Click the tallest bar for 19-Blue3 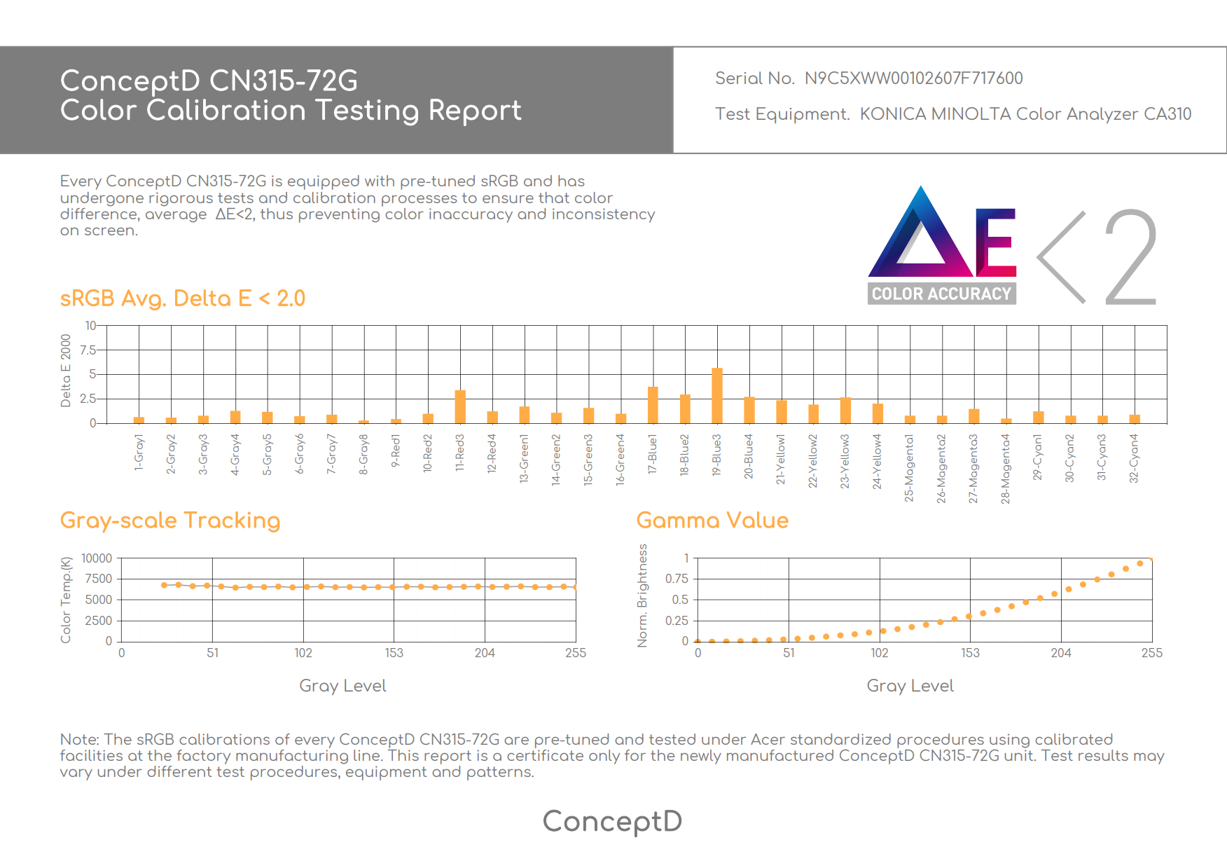[x=716, y=396]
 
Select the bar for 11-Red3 [x=460, y=406]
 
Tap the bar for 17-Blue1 [x=653, y=405]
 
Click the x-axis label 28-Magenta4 [x=1006, y=469]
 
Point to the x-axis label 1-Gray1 [x=139, y=452]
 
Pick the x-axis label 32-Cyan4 [x=1134, y=458]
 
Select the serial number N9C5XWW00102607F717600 [x=913, y=78]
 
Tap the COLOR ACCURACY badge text [x=941, y=294]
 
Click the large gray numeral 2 [x=1130, y=257]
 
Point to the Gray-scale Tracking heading [x=170, y=521]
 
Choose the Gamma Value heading [x=712, y=521]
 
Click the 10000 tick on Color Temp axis [x=97, y=558]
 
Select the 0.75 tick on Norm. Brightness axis [x=677, y=579]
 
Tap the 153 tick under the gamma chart [x=970, y=653]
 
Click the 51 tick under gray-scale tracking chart [x=212, y=653]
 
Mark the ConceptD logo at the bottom [x=613, y=821]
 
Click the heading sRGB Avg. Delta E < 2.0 [x=183, y=298]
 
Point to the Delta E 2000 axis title [x=66, y=371]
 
